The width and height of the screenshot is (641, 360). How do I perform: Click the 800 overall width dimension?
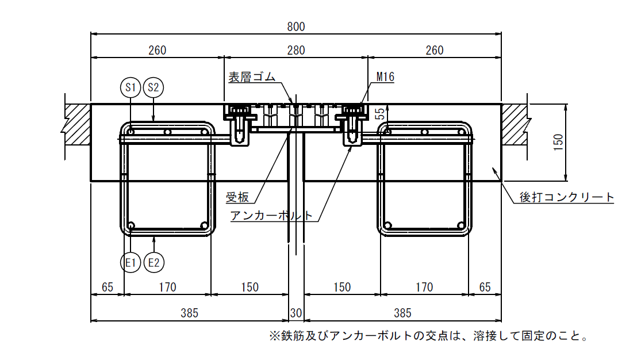295,26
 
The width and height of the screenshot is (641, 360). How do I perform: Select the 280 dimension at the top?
295,51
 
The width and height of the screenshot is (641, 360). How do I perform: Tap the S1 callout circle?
130,87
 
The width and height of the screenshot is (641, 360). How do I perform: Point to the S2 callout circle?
153,87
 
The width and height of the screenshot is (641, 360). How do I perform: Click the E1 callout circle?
130,263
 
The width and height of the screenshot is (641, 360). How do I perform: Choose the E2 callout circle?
153,263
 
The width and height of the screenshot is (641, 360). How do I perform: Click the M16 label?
385,77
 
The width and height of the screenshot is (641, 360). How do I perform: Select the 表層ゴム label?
252,77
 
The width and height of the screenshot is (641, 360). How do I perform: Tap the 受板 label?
237,197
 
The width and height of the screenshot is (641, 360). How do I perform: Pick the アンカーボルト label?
272,216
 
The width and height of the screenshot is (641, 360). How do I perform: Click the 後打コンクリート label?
567,197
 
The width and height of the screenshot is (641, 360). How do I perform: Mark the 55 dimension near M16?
379,113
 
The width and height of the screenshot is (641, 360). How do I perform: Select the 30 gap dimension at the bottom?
295,313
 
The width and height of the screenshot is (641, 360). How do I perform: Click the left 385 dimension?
189,313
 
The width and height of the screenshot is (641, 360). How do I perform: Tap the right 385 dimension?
402,313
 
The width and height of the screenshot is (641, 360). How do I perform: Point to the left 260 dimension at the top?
157,51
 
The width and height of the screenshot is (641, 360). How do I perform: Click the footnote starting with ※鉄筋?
428,335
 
